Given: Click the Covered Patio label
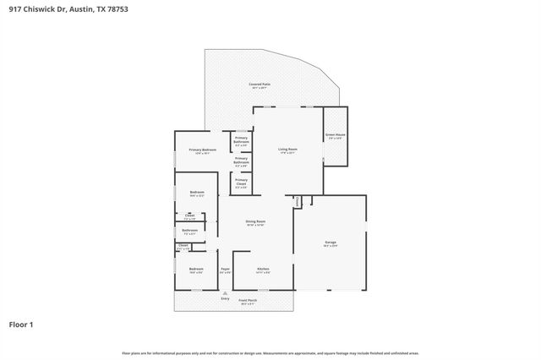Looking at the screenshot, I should (x=260, y=85).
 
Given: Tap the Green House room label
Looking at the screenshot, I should (x=333, y=136).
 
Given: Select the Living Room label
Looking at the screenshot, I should (x=288, y=150).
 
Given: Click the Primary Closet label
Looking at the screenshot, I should (x=242, y=181).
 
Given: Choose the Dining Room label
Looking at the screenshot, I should (x=255, y=222).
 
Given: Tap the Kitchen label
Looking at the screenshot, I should (x=263, y=270).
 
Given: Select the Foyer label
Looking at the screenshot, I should (x=225, y=270).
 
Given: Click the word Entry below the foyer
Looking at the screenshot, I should (x=225, y=298).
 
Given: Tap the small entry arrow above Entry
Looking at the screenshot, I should (x=225, y=292).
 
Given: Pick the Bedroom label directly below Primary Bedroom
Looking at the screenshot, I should (x=197, y=193).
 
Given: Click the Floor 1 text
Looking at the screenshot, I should (x=21, y=324).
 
